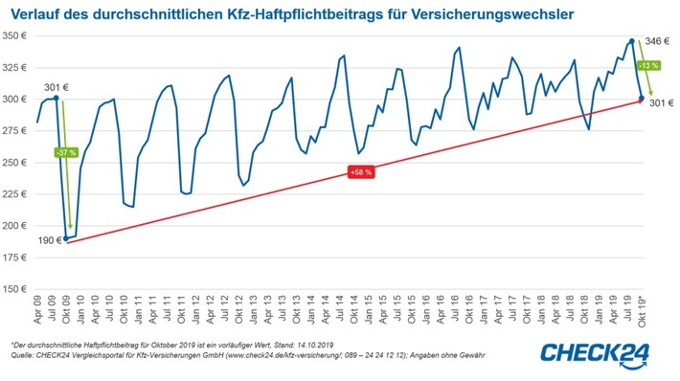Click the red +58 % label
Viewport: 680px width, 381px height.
[359, 172]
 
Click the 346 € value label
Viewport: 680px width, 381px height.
[658, 41]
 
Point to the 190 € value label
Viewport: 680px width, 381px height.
[47, 240]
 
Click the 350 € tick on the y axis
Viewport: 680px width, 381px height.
[16, 35]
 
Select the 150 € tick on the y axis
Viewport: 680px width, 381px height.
[16, 288]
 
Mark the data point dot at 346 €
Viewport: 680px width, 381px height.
[632, 41]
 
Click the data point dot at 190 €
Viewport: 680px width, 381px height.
[66, 237]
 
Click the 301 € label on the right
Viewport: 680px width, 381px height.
[662, 102]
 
